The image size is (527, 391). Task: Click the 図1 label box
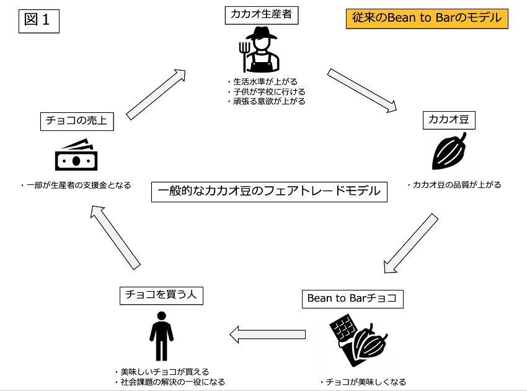(39, 20)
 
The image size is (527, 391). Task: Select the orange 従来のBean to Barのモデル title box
(427, 18)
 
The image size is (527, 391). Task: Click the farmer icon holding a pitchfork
(260, 50)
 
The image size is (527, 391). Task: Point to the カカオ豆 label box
(449, 120)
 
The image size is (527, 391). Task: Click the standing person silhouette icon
(161, 336)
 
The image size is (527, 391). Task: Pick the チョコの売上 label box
(77, 120)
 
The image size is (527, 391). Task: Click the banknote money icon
(76, 155)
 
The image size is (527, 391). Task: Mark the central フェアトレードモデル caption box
(269, 191)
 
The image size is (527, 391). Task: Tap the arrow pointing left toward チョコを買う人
(267, 335)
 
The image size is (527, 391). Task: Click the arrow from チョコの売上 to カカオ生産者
(156, 94)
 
